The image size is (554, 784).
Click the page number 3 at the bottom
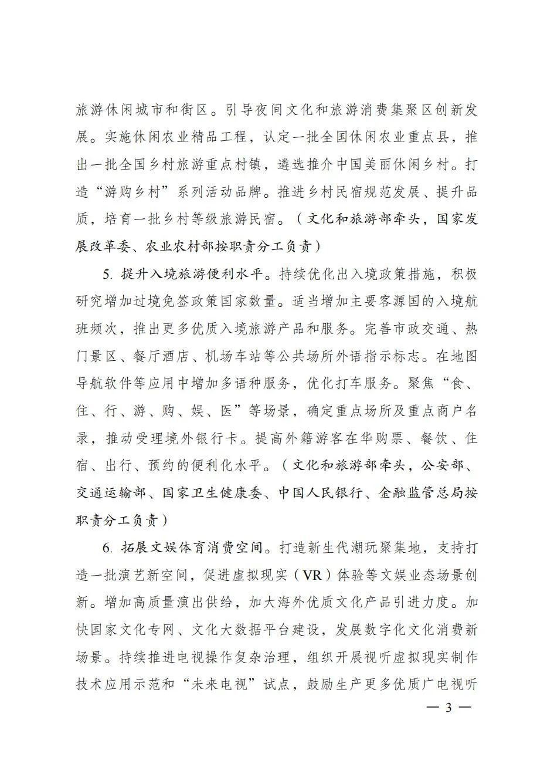pos(448,708)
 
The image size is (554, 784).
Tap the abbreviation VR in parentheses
pos(317,575)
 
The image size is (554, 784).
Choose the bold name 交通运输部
pos(111,492)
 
